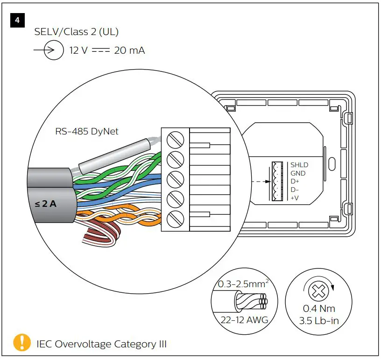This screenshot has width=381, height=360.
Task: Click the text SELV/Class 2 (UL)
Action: (77, 32)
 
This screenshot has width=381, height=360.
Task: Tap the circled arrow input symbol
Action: (53, 50)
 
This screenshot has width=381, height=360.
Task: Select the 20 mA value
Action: (129, 50)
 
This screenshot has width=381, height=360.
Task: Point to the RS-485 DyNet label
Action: (87, 131)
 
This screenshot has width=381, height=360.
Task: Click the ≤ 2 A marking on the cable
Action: (45, 204)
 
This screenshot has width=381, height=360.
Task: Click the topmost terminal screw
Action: (175, 139)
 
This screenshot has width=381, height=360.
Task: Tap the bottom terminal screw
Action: (175, 219)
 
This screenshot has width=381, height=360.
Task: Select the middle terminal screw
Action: (175, 179)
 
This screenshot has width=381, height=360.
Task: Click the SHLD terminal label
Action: (299, 165)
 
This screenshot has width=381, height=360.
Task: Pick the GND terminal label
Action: (298, 173)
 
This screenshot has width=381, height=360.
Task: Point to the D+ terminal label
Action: (295, 182)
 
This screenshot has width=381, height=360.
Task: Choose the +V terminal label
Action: (295, 198)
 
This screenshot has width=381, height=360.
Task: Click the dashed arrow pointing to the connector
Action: (260, 182)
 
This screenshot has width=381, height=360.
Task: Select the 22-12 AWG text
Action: (241, 320)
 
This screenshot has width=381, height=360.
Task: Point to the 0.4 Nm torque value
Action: (319, 309)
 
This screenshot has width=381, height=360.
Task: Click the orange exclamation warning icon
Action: (22, 343)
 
